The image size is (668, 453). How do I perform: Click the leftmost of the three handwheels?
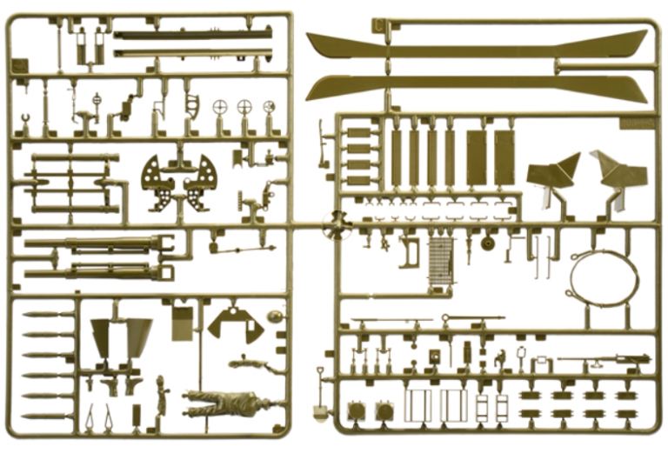click(220, 108)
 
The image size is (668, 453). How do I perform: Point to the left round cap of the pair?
click(355, 410)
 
